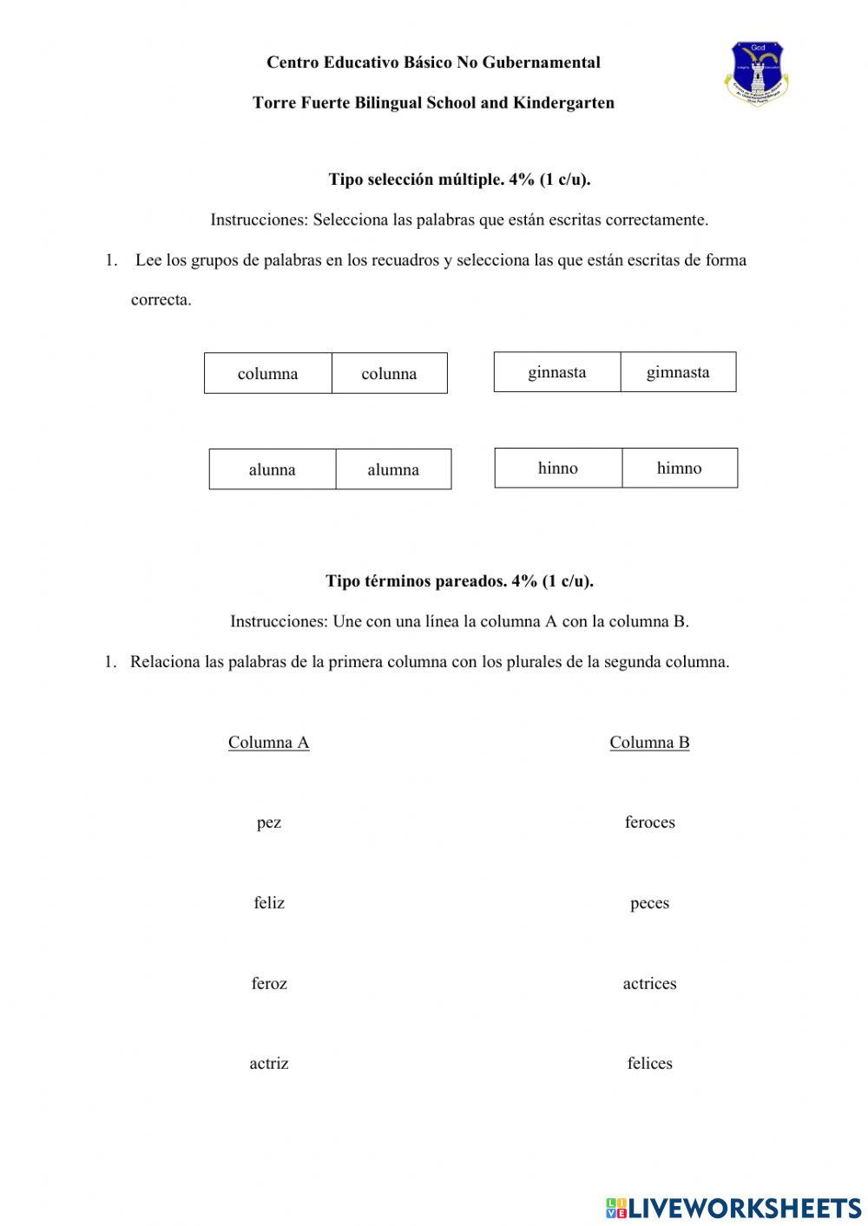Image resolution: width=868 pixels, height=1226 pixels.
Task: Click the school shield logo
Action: pyautogui.click(x=756, y=74)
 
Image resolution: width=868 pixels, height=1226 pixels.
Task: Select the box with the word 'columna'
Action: pyautogui.click(x=268, y=373)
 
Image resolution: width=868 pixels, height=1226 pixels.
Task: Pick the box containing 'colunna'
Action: pyautogui.click(x=389, y=373)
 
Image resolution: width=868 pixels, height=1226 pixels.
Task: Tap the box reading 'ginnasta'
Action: pyautogui.click(x=557, y=372)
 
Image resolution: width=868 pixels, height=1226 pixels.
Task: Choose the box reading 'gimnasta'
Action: pyautogui.click(x=678, y=372)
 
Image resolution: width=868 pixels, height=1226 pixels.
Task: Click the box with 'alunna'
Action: pyautogui.click(x=273, y=469)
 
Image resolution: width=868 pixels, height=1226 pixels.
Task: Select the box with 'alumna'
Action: pyautogui.click(x=393, y=469)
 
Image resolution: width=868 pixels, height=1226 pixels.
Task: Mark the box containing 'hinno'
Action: pyautogui.click(x=558, y=468)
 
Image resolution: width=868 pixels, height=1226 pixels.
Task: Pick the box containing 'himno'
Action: pyautogui.click(x=680, y=468)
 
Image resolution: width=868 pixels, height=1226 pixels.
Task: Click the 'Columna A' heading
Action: pyautogui.click(x=268, y=742)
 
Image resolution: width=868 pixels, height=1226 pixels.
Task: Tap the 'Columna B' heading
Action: pyautogui.click(x=649, y=742)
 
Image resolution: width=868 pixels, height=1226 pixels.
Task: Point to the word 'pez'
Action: pyautogui.click(x=269, y=823)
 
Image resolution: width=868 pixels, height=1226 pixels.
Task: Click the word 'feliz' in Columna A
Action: pyautogui.click(x=269, y=903)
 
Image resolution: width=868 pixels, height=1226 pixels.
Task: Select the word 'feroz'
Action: pyautogui.click(x=269, y=983)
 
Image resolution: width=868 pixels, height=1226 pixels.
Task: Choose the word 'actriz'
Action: pyautogui.click(x=269, y=1063)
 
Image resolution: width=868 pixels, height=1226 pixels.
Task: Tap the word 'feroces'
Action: pyautogui.click(x=649, y=823)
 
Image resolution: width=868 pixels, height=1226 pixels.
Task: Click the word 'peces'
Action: pyautogui.click(x=649, y=903)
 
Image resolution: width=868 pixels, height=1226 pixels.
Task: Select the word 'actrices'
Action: pyautogui.click(x=649, y=983)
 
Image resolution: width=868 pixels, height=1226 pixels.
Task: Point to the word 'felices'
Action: pyautogui.click(x=649, y=1063)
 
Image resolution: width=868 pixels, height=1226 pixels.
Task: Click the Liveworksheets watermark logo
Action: pyautogui.click(x=733, y=1207)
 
